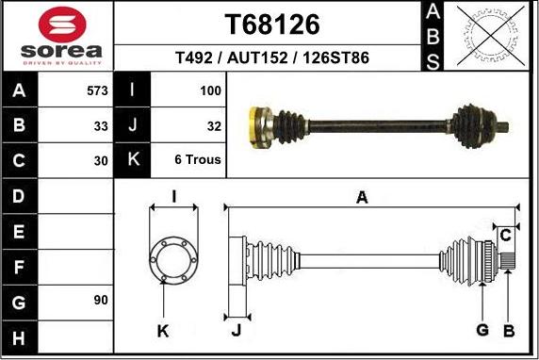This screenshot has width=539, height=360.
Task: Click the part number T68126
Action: (272, 25)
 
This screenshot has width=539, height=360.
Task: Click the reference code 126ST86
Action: (335, 58)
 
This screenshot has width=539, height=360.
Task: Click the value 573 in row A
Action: (96, 91)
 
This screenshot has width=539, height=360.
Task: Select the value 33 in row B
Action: (101, 125)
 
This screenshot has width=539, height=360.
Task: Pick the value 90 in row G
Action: (101, 301)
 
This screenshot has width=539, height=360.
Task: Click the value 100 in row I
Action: (210, 91)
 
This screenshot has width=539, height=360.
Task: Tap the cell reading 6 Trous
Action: (198, 159)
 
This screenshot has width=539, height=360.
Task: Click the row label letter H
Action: (20, 336)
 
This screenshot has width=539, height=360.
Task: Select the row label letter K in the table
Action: (132, 159)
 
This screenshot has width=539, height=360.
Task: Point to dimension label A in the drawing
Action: (362, 197)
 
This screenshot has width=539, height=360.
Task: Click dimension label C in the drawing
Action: (506, 234)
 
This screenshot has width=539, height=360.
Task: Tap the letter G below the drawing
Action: (482, 329)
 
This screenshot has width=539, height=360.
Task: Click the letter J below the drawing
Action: (236, 329)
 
